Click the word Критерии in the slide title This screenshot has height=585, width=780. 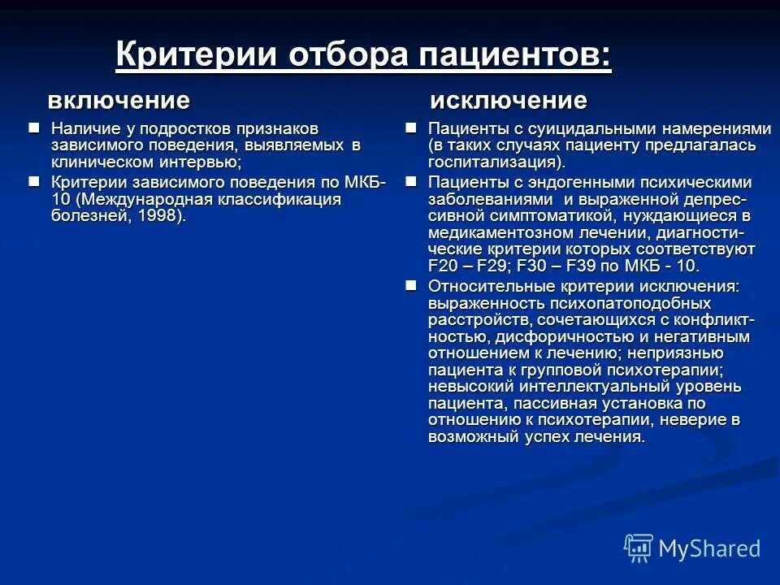195,56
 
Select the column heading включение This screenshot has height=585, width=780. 119,101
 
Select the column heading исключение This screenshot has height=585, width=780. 508,101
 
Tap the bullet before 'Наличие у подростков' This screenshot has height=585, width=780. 33,128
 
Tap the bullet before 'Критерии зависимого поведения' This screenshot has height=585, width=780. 33,180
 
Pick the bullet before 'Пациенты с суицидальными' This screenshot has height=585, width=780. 411,128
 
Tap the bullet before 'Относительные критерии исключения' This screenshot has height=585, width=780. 411,284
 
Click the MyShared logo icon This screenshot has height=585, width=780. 639,547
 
